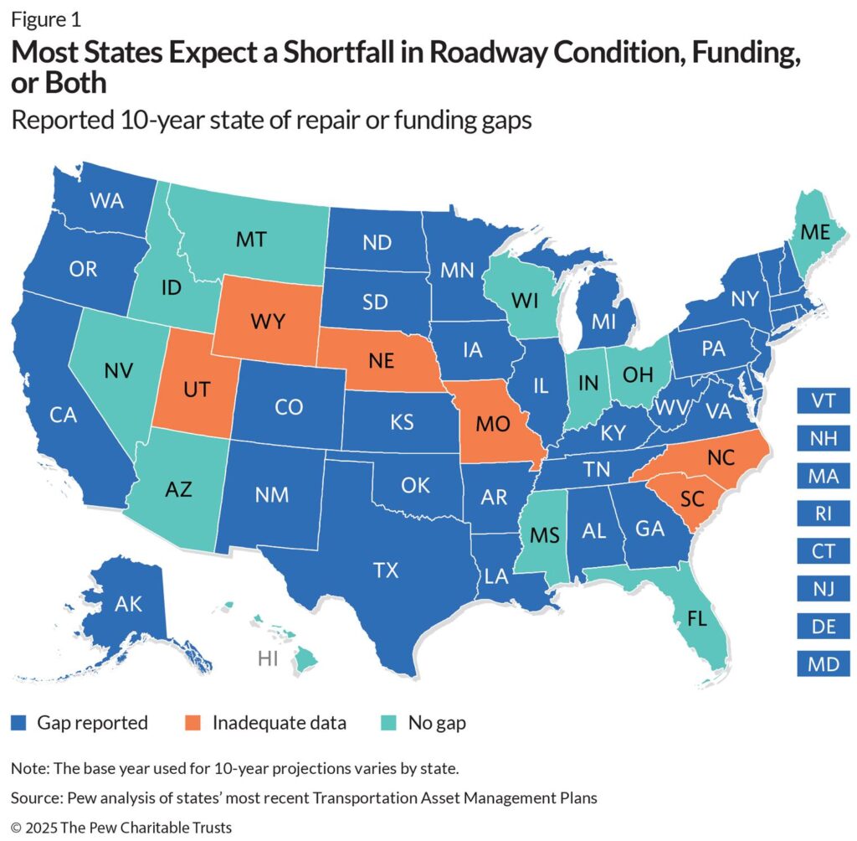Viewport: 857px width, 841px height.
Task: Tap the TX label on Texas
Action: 386,570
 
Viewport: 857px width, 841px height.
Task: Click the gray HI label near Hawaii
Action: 269,658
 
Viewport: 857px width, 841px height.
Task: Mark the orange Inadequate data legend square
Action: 198,722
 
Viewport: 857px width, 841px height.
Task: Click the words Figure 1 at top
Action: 46,18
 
